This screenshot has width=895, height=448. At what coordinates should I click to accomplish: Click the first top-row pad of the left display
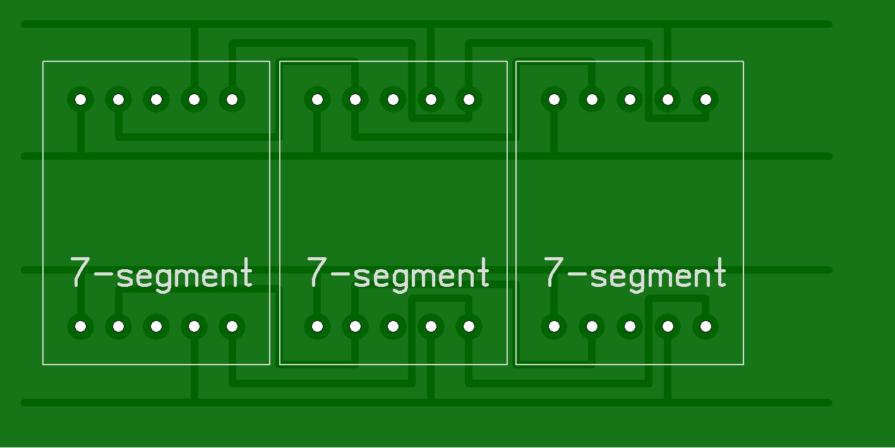(80, 99)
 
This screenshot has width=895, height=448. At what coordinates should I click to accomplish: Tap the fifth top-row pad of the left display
(232, 99)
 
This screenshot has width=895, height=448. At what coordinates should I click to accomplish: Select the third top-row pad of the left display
(156, 99)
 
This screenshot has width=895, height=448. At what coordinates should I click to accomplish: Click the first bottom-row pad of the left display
(80, 327)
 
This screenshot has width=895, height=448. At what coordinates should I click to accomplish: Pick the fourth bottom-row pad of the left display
(194, 327)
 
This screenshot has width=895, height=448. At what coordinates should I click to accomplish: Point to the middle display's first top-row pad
(317, 99)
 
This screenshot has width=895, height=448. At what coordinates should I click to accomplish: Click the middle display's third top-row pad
(393, 99)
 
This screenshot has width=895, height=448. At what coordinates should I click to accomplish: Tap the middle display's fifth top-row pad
(469, 99)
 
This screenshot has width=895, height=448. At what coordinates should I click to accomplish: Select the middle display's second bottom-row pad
(355, 327)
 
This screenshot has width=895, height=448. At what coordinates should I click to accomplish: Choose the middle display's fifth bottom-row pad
(469, 327)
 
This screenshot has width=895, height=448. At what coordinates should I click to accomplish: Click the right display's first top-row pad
(554, 99)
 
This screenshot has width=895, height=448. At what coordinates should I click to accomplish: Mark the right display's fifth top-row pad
(706, 99)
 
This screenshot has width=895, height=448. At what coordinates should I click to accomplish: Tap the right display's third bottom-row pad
(630, 327)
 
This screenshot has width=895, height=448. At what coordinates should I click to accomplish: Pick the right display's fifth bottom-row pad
(706, 327)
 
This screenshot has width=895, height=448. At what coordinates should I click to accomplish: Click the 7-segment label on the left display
(161, 274)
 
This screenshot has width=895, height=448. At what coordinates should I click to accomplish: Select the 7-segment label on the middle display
(398, 274)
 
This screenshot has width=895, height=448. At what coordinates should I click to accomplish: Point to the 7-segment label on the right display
(635, 274)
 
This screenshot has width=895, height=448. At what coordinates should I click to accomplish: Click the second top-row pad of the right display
(592, 99)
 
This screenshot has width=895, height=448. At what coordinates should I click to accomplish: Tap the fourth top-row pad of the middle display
(431, 99)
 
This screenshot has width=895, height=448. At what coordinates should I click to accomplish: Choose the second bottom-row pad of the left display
(118, 327)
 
